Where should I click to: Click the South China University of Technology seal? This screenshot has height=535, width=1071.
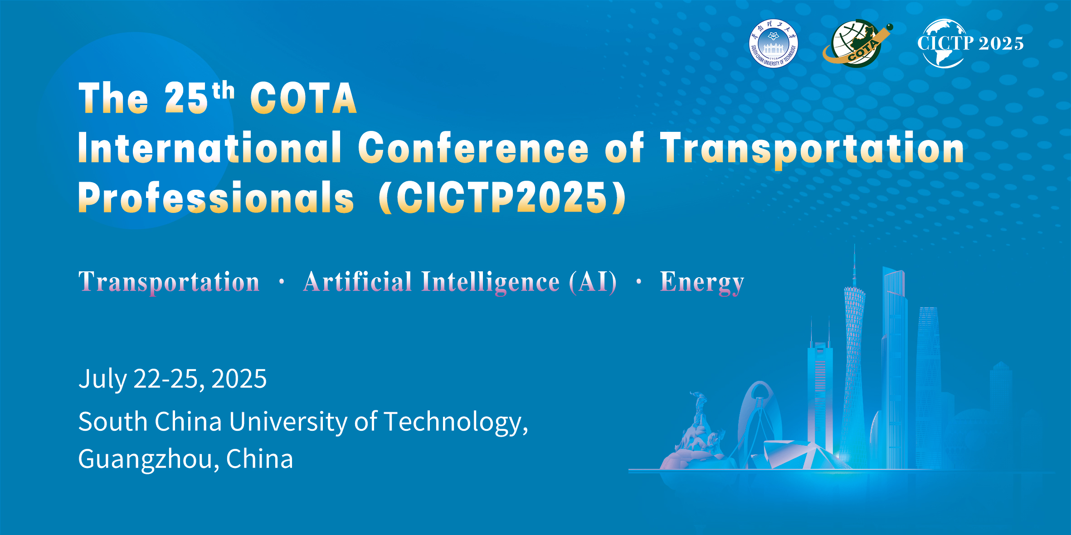click(x=774, y=43)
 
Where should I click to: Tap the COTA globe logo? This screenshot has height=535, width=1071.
click(x=857, y=43)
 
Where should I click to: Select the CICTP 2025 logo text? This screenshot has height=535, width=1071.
click(x=970, y=43)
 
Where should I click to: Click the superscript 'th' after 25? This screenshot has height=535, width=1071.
click(x=224, y=91)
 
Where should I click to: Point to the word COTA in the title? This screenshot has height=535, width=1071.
click(x=303, y=98)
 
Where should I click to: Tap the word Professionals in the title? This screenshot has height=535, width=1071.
click(x=216, y=198)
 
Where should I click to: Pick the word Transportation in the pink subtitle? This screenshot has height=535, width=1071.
click(x=169, y=282)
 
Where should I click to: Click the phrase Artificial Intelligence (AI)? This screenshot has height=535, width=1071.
click(x=460, y=282)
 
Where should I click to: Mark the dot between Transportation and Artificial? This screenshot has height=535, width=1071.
click(x=282, y=282)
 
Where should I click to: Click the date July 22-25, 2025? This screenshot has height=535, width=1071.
click(x=173, y=379)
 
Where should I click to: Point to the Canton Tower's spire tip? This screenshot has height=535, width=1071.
click(x=855, y=245)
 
